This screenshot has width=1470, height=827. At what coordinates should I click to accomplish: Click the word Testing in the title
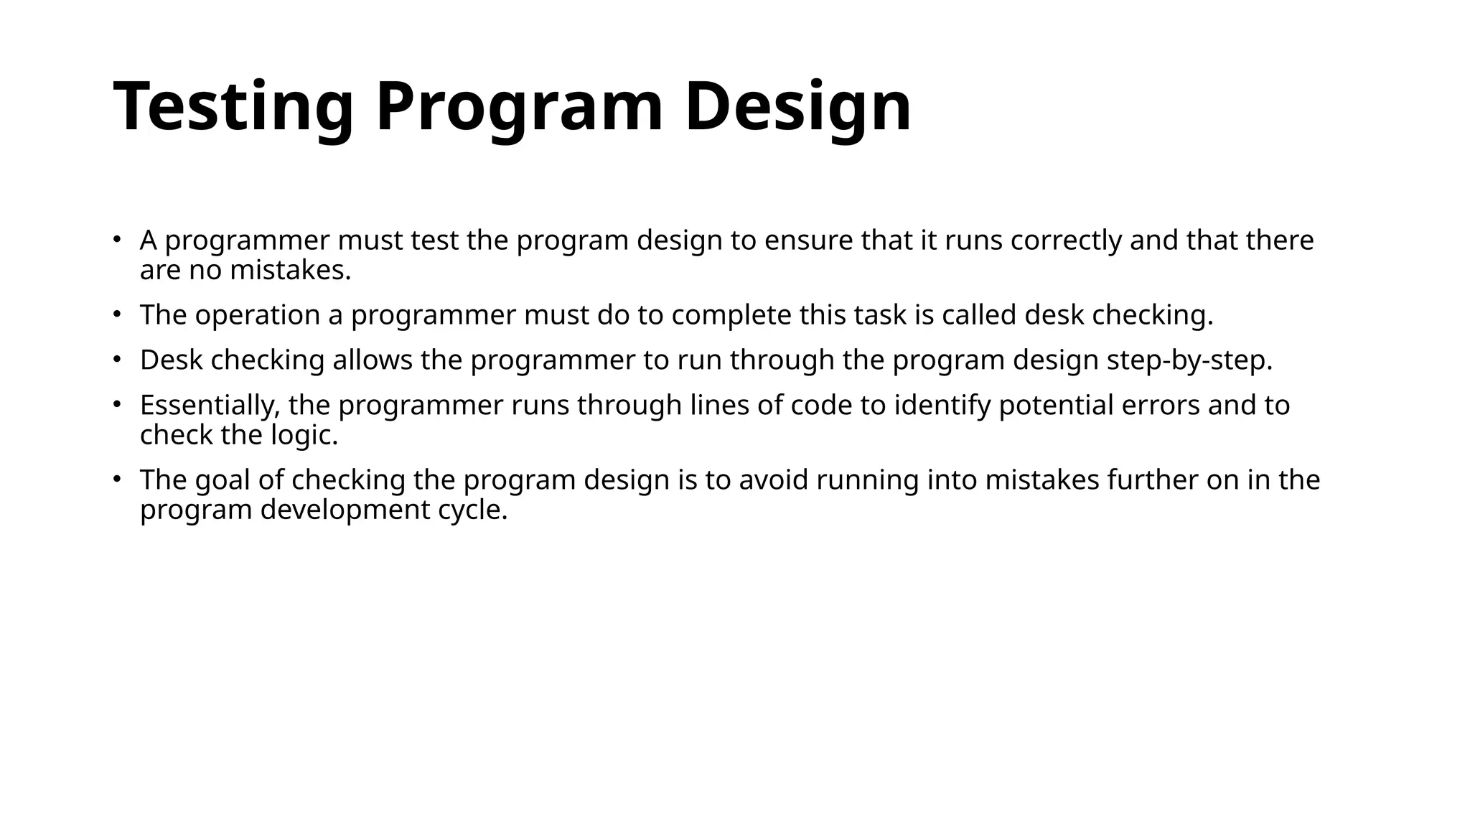(x=233, y=106)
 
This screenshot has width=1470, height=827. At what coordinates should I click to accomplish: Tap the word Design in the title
(x=797, y=106)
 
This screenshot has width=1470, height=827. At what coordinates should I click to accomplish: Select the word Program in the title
(x=519, y=106)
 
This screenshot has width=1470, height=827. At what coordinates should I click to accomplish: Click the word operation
(x=258, y=315)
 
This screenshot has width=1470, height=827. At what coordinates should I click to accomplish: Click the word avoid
(x=773, y=480)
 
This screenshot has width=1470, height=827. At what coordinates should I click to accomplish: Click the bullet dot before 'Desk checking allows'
(x=117, y=359)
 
